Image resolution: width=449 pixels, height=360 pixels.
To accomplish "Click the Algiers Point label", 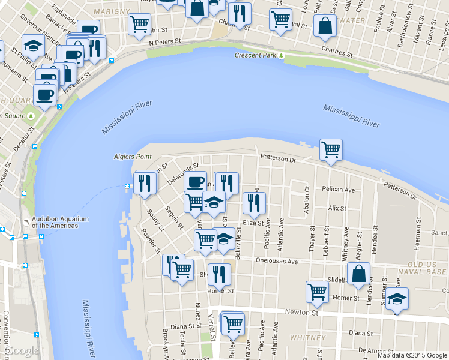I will (133, 157).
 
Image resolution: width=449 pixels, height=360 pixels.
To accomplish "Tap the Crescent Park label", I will (255, 55).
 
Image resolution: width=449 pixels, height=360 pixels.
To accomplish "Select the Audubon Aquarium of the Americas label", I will (55, 222).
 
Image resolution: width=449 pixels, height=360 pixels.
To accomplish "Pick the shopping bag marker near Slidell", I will (358, 274).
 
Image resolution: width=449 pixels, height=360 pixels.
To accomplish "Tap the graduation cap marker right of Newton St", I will (397, 299).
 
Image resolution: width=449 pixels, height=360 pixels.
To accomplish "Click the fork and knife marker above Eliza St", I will (255, 203).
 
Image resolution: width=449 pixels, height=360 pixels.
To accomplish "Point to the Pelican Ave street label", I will (339, 190).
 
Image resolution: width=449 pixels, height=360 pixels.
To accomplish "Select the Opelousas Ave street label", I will (276, 262).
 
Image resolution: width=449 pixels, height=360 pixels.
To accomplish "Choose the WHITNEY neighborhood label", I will (307, 338).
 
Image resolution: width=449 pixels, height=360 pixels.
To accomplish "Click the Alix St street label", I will (337, 208).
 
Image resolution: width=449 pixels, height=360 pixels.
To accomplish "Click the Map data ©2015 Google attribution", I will (412, 355).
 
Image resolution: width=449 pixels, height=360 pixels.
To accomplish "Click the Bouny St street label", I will (155, 219).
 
